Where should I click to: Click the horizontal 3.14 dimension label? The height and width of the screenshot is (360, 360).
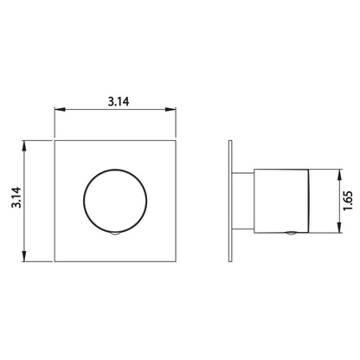point(119,101)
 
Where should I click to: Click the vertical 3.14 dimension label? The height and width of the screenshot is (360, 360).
point(16,197)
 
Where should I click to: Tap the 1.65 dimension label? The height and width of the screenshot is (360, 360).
point(348,201)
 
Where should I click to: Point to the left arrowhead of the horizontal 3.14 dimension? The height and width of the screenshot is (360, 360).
point(60,110)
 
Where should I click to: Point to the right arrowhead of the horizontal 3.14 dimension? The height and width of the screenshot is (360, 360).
point(170,110)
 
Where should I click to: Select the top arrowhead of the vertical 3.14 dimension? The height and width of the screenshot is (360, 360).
point(24,146)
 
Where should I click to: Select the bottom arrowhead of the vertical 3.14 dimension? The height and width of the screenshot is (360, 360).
point(24,256)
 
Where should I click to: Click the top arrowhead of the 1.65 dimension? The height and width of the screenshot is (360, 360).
point(340,175)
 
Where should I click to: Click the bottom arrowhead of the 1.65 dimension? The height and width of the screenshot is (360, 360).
point(340,228)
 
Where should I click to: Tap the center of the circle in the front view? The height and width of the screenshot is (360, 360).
point(115,201)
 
